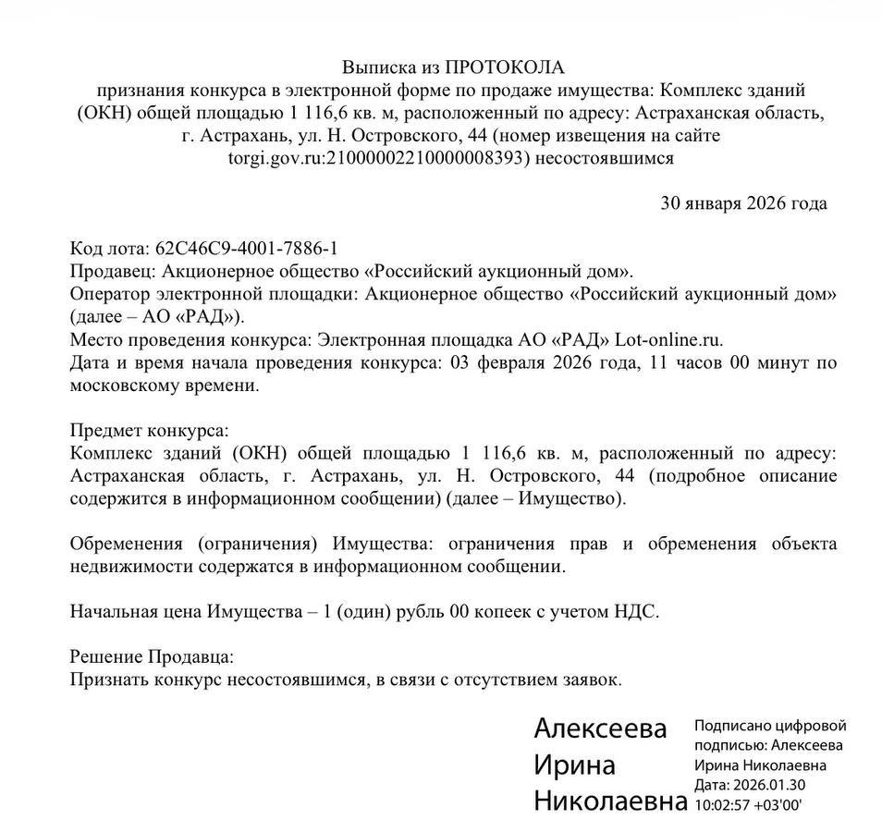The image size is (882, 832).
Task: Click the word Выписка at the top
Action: click(x=378, y=67)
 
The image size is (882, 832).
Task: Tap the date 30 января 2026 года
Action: click(x=743, y=203)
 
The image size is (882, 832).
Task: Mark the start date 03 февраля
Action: click(x=495, y=362)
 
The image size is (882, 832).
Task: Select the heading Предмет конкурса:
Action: click(x=149, y=431)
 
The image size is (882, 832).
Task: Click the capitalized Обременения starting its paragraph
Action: click(x=127, y=544)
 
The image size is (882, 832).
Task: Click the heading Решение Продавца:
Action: click(x=153, y=657)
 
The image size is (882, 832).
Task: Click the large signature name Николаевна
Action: click(x=610, y=801)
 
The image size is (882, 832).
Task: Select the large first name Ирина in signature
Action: click(x=574, y=765)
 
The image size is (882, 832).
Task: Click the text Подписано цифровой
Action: click(x=769, y=727)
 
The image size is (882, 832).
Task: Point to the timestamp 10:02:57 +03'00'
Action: click(x=748, y=804)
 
